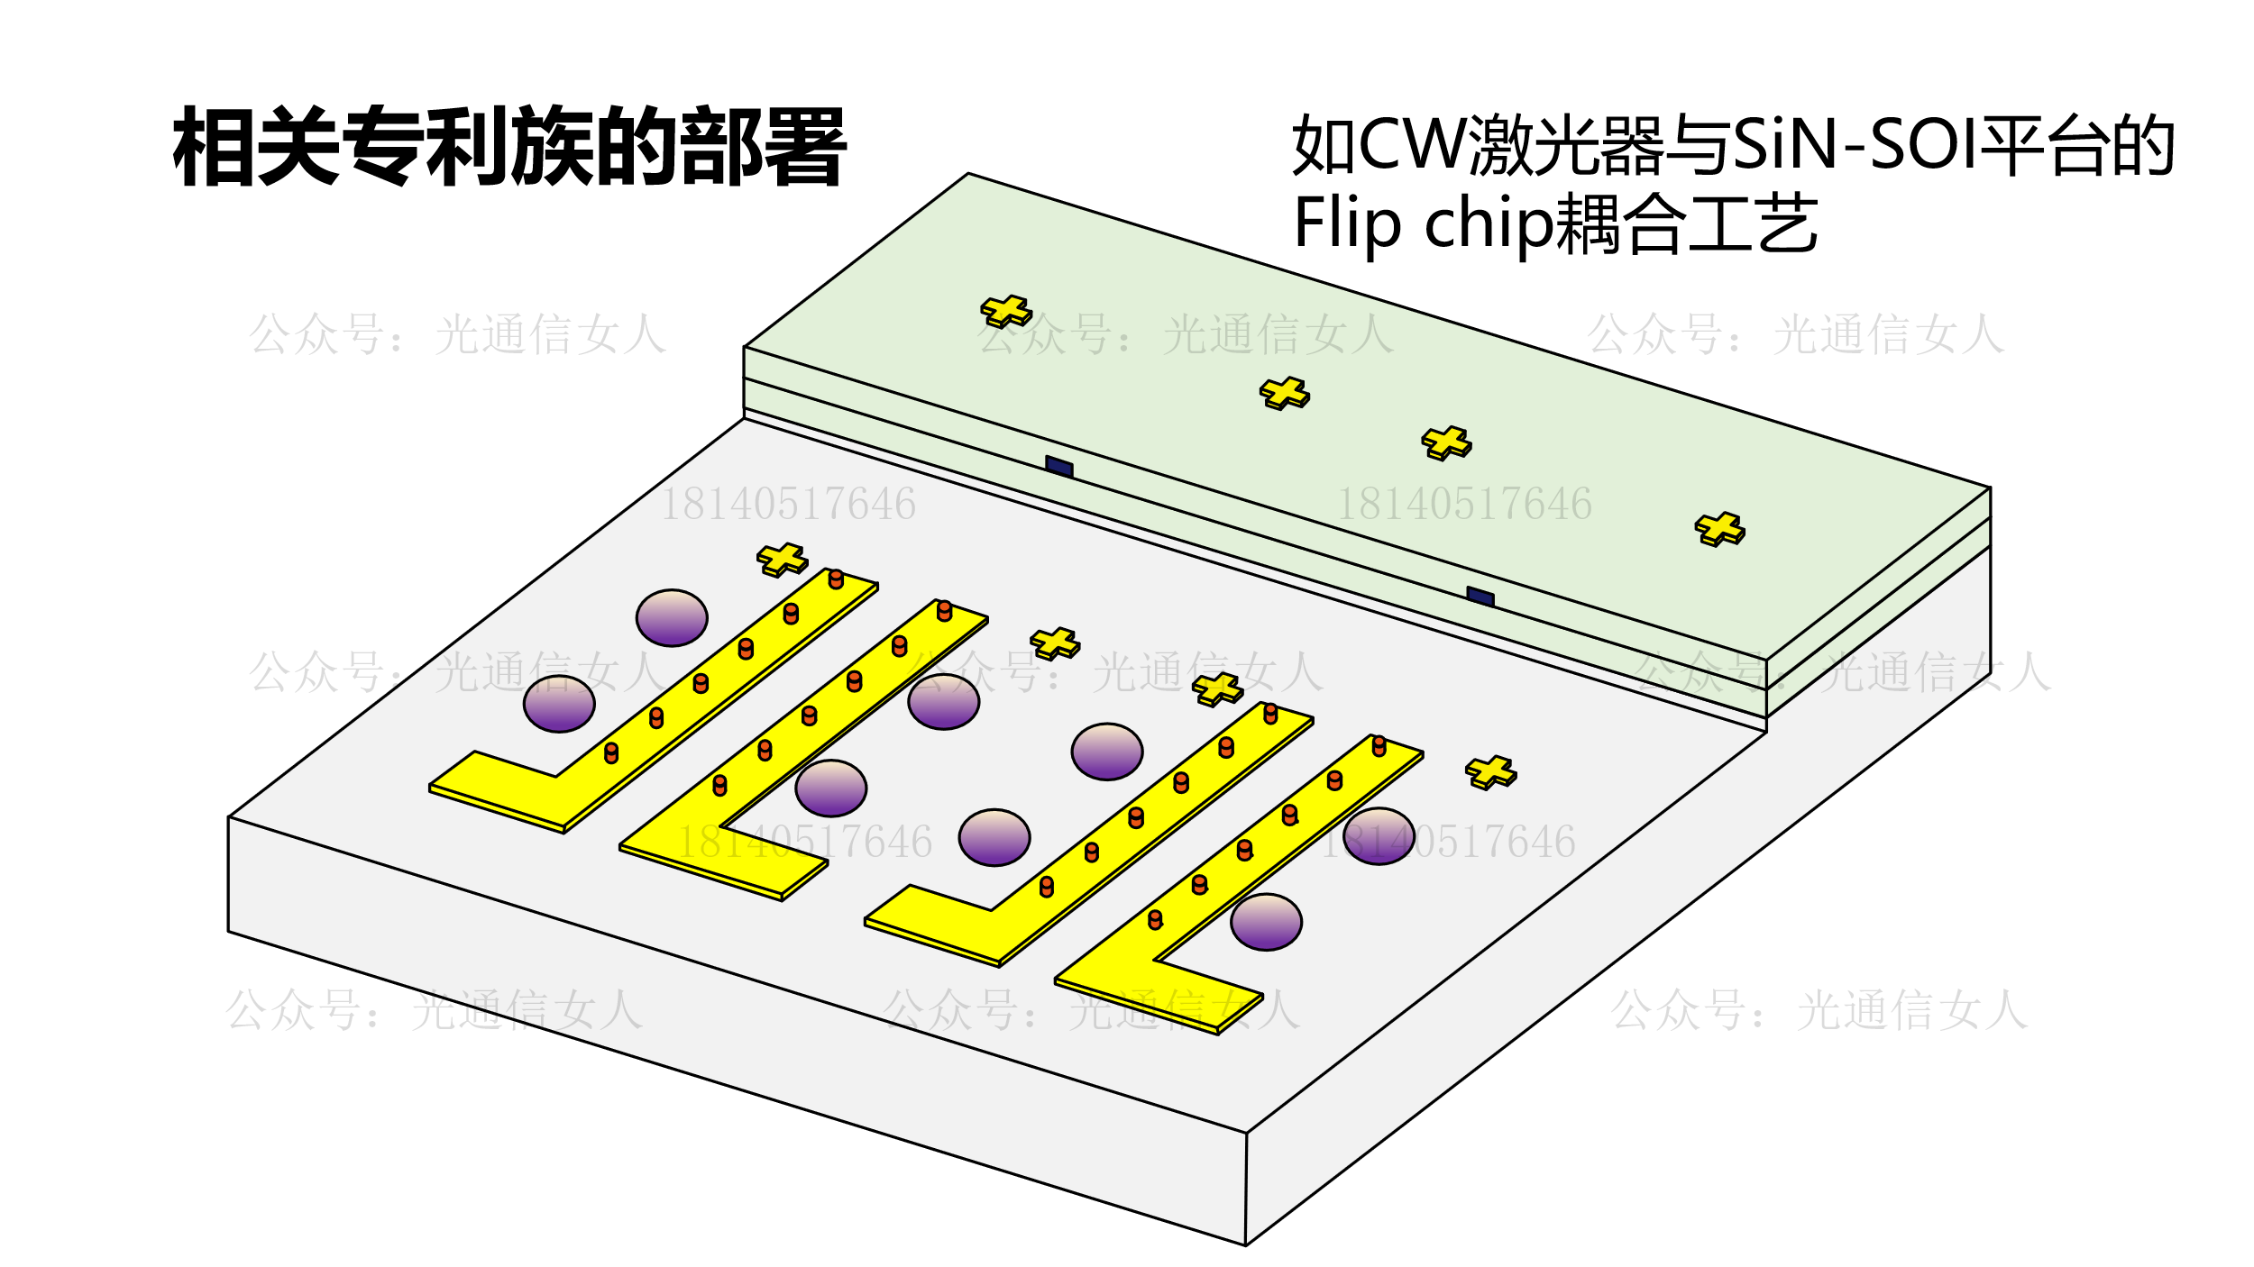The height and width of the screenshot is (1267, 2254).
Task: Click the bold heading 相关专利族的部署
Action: [509, 146]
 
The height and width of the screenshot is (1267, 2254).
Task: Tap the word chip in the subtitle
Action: [1489, 223]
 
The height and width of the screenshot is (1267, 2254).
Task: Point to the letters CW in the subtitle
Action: [1412, 144]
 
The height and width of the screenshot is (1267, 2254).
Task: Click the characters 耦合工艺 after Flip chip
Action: [1686, 223]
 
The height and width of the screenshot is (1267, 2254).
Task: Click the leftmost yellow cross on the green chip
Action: [1006, 311]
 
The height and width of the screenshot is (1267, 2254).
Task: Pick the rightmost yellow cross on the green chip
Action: [1719, 529]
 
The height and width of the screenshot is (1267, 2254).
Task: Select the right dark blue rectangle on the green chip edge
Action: [1480, 597]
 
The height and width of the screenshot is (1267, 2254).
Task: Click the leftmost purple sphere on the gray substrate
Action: [559, 704]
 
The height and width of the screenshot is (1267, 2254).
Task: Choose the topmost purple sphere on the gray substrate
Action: [672, 618]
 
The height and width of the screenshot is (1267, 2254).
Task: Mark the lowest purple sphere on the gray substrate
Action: [1266, 922]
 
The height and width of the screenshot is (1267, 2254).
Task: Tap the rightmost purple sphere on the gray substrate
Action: [1379, 836]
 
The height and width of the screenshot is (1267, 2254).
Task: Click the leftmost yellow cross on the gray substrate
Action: [782, 560]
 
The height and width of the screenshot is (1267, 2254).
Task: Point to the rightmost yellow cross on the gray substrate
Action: [1490, 772]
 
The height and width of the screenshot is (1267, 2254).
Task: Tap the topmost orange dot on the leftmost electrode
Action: [836, 579]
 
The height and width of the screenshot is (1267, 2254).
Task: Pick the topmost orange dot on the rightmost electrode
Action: [1379, 745]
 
